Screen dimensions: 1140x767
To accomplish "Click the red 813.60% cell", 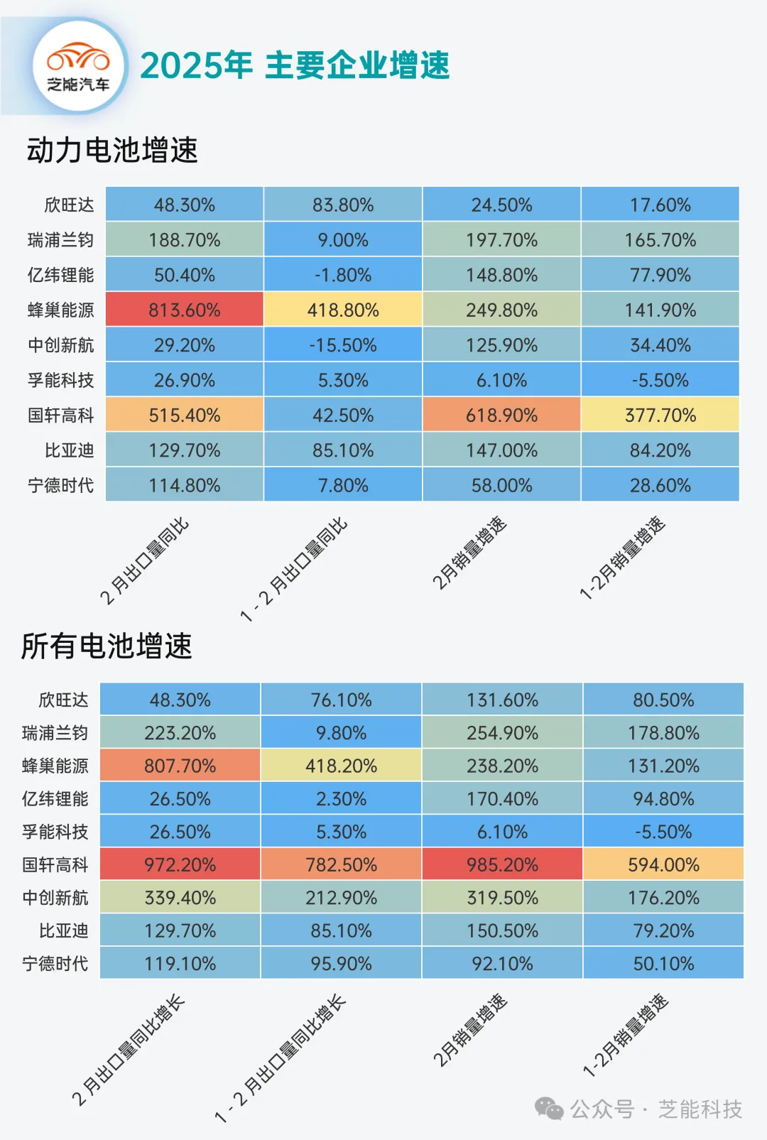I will coord(185,310).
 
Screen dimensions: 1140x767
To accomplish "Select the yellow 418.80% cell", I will coord(343,310).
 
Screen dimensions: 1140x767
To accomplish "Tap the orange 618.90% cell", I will coord(501,415).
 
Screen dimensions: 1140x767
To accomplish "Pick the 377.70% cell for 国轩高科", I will coord(660,415).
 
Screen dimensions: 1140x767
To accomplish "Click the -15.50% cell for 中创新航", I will coord(343,345).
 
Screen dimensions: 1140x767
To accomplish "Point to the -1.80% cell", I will coord(343,275).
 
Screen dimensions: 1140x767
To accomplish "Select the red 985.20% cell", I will coord(502,864).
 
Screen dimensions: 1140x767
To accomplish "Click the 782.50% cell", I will coord(341,864).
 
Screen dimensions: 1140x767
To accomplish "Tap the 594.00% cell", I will coord(663,864).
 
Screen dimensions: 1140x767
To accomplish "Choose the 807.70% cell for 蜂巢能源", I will coord(180,766).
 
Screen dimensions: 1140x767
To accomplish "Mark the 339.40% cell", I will coord(180,897).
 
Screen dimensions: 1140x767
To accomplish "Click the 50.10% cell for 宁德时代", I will coord(663,963).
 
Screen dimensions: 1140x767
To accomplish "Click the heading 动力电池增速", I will coord(112,150).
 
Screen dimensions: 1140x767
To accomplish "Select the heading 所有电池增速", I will coord(107,646).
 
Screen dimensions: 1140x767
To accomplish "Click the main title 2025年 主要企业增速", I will coord(295,65).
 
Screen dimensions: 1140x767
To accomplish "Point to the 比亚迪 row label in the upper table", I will coord(69,450).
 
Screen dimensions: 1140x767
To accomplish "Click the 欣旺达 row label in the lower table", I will coord(63,700).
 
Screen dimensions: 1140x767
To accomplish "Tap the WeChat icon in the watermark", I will coord(548,1108).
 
